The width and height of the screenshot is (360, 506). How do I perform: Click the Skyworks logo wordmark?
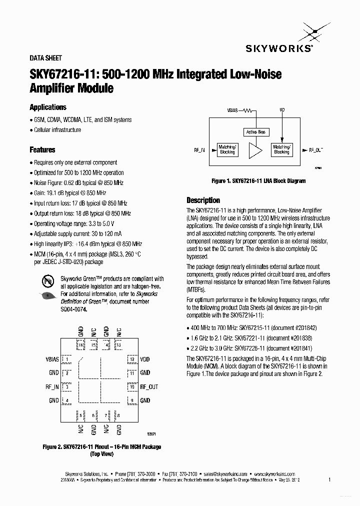point(279,48)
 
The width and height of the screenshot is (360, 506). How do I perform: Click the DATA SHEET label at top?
point(46,58)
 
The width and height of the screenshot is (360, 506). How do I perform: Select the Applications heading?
point(48,107)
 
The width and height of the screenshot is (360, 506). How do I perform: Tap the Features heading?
point(42,149)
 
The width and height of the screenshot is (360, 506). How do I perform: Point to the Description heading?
point(203,200)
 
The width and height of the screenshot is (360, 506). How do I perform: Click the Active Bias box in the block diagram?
point(255,132)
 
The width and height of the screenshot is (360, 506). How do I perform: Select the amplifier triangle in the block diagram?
point(255,149)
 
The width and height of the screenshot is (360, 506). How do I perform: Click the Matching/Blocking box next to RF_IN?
point(227,149)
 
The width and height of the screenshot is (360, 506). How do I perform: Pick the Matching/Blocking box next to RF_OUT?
point(282,149)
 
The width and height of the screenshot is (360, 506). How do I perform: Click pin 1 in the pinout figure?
point(66,359)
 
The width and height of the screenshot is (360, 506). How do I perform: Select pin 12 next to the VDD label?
point(131,359)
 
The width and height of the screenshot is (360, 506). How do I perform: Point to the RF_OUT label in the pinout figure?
point(149,387)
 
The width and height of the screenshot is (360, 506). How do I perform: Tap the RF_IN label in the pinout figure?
point(52,387)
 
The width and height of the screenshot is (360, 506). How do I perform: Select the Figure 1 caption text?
point(258,181)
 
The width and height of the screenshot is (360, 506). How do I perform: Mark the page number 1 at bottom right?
point(329,479)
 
